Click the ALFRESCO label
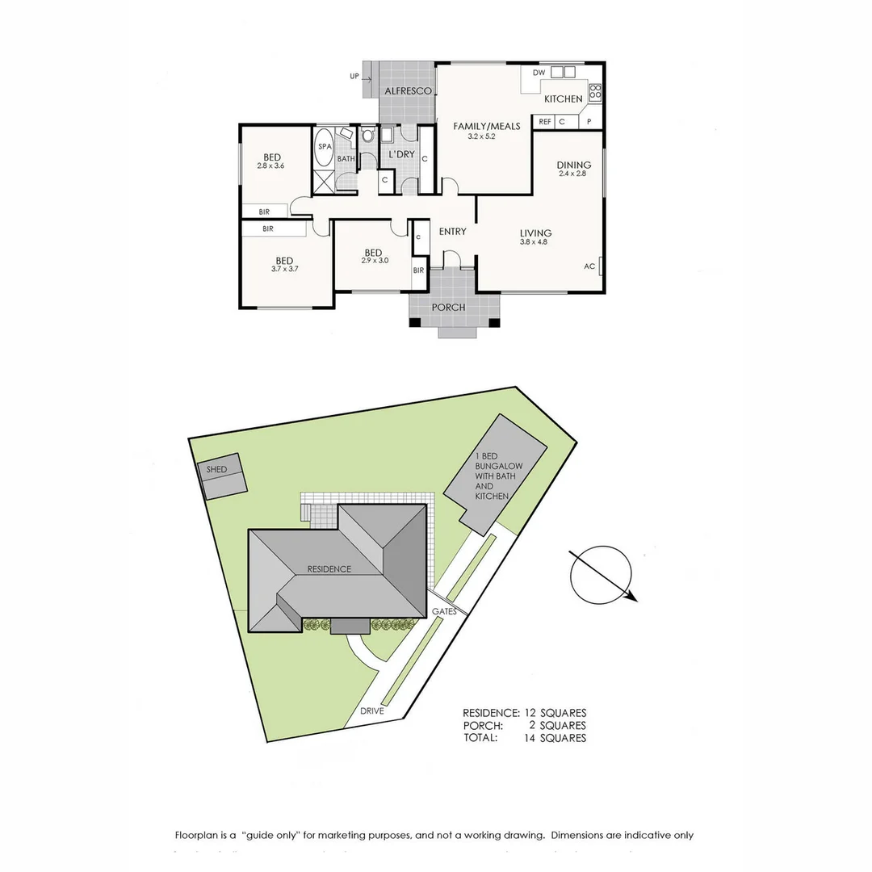click(x=407, y=91)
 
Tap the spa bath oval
click(x=325, y=147)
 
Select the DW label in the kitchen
click(x=539, y=73)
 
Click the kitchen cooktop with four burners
click(x=595, y=92)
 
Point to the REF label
click(x=545, y=122)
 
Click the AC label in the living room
click(x=589, y=266)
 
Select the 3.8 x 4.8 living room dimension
click(x=535, y=242)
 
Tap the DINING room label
click(x=574, y=166)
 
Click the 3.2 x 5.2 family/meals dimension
click(x=480, y=137)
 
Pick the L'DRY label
click(x=401, y=154)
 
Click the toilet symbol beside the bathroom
click(x=367, y=136)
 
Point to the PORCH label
click(x=448, y=308)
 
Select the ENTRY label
click(x=452, y=232)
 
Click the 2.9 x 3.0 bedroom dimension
click(x=375, y=260)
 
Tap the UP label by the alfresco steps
click(x=354, y=77)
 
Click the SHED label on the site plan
click(x=216, y=469)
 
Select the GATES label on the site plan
click(x=444, y=611)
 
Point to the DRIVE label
click(x=372, y=711)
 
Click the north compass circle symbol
click(x=600, y=575)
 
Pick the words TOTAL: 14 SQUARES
click(x=524, y=737)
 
